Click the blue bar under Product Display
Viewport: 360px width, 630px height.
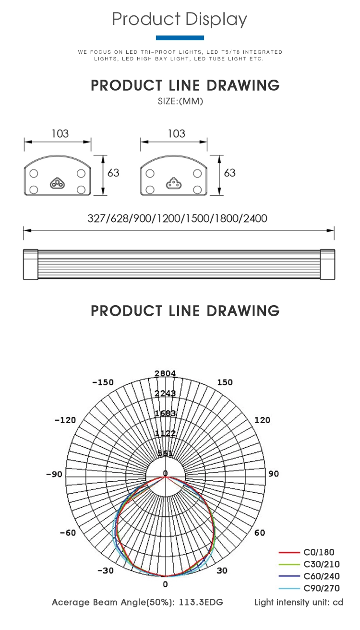[180, 38]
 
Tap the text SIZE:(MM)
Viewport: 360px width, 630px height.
[180, 101]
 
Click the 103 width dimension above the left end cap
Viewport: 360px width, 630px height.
[60, 133]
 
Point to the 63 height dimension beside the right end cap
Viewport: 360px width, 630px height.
[230, 173]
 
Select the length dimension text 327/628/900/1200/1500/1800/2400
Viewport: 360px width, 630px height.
[177, 218]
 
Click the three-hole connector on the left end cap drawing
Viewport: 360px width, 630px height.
[58, 183]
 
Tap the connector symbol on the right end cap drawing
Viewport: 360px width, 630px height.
[174, 183]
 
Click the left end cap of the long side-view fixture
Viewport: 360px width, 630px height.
[31, 264]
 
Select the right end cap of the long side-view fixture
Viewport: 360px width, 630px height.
[327, 264]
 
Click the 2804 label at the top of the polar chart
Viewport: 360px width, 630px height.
[165, 373]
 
